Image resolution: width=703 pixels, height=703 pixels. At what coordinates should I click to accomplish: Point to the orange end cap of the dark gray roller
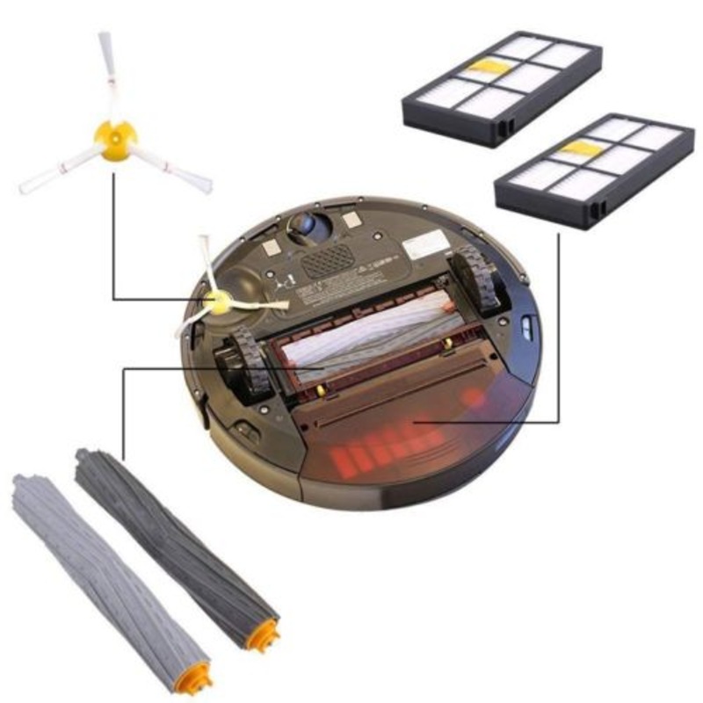point(261,634)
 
